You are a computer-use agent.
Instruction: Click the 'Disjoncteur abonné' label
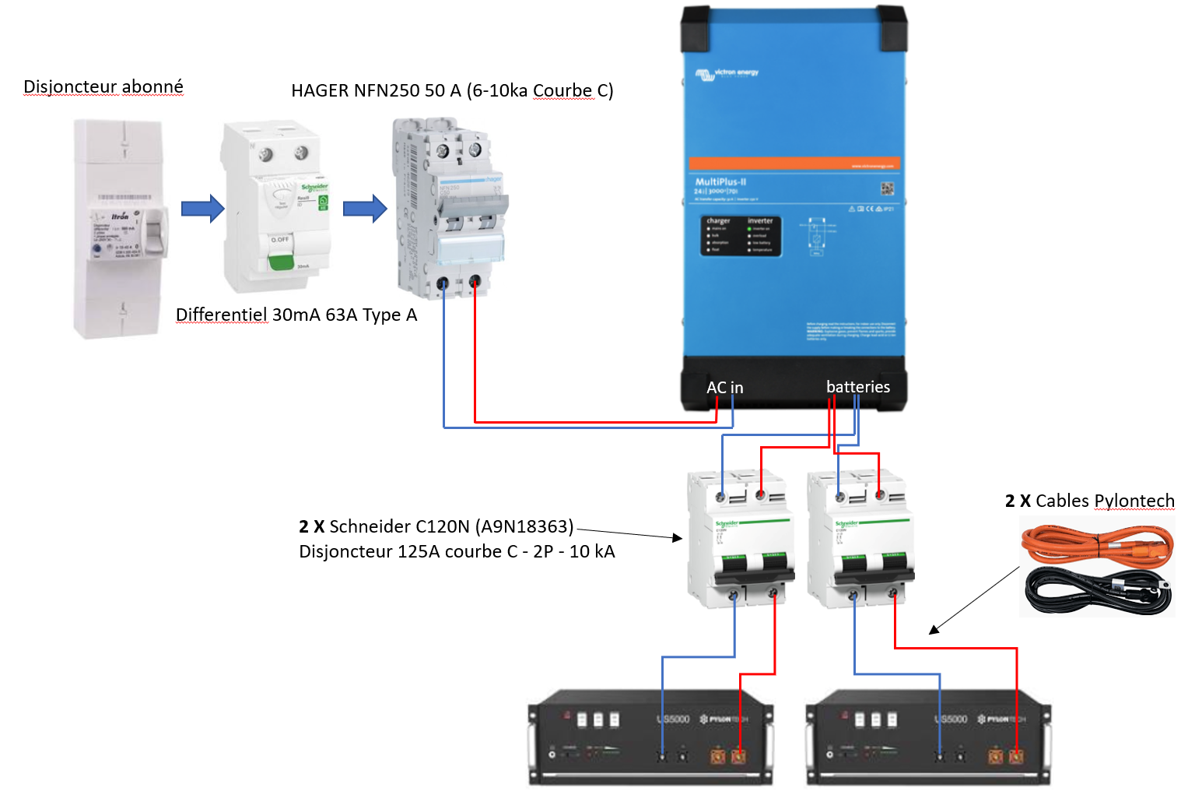click(x=103, y=86)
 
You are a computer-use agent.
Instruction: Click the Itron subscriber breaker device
click(x=121, y=228)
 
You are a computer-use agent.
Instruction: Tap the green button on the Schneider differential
click(x=280, y=261)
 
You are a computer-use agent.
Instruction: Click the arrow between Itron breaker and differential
click(x=202, y=209)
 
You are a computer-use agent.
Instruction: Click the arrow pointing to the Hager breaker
click(x=365, y=209)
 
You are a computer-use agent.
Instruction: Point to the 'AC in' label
click(x=724, y=388)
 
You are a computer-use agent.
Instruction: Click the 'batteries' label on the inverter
click(x=857, y=387)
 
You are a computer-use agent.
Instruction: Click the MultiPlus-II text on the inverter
click(x=720, y=181)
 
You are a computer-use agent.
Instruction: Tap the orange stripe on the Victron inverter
click(x=794, y=164)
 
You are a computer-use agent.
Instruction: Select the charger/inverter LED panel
click(x=740, y=235)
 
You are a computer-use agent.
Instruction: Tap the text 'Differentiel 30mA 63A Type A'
click(x=296, y=315)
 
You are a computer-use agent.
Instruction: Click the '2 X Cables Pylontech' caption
click(x=1089, y=501)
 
